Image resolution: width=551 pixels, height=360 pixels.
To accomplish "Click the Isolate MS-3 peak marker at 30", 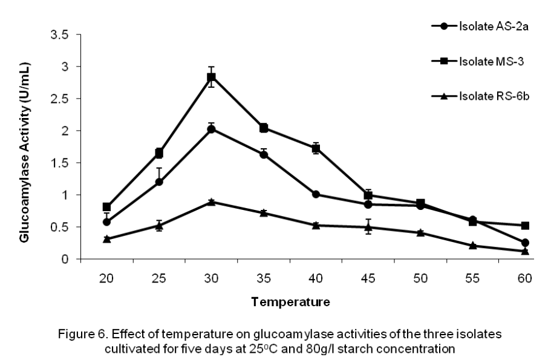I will click(x=211, y=77).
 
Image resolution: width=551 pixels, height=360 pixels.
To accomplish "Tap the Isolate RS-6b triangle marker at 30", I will click(x=211, y=201).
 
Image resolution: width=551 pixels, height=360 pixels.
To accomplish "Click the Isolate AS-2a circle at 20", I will click(x=107, y=222).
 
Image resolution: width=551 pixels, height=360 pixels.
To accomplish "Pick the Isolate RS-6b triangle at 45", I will click(x=368, y=227).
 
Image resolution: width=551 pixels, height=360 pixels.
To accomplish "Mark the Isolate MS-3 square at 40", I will click(x=316, y=148).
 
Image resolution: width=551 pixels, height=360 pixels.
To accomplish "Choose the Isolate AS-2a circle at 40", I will click(x=316, y=194).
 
